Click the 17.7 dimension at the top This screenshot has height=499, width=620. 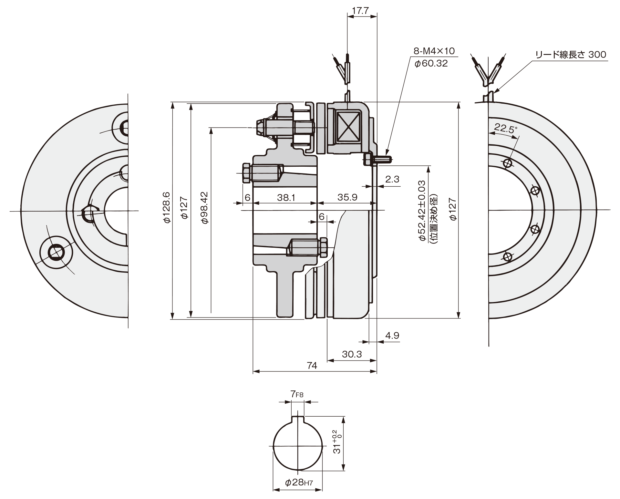[360, 11]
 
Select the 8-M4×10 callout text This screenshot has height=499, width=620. [434, 51]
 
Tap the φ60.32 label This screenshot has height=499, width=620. [431, 63]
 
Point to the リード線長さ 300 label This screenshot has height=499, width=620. [571, 55]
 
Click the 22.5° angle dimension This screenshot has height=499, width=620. [504, 129]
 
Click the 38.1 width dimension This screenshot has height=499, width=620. [286, 197]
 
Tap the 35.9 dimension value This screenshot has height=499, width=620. [347, 197]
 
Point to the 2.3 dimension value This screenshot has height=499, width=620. [392, 179]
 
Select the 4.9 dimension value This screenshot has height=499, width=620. [392, 336]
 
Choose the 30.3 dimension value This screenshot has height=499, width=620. [352, 354]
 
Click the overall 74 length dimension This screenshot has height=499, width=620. [312, 366]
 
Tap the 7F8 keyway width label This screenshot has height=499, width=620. [297, 394]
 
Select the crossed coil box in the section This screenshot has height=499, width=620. [348, 127]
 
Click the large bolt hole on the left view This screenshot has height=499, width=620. [55, 252]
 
